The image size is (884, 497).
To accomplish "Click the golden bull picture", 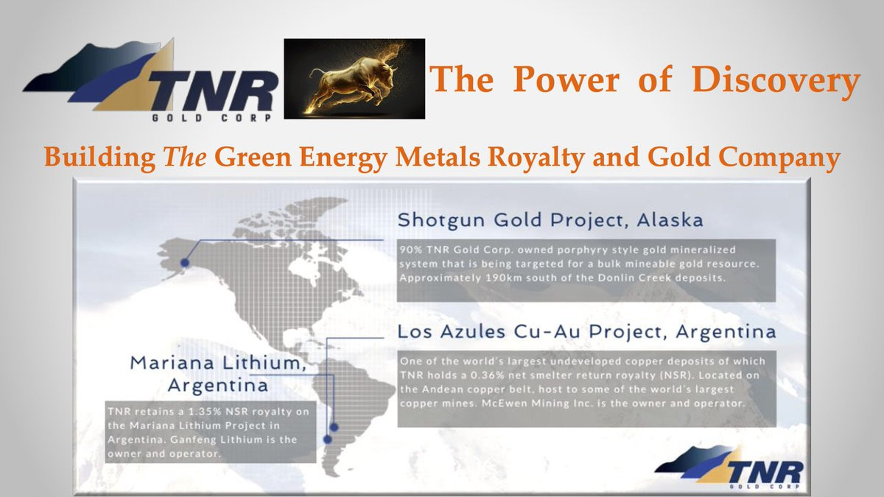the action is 354,79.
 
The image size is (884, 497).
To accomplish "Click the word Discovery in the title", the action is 776,80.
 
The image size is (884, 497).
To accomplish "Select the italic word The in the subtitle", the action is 185,157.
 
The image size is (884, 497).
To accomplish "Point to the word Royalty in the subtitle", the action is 536,158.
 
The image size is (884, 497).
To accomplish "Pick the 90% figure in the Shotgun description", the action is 410,250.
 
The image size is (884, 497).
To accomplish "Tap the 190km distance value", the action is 504,278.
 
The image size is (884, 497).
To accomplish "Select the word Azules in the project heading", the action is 473,332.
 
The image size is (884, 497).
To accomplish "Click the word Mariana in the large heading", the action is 173,363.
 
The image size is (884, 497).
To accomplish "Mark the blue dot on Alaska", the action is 185,262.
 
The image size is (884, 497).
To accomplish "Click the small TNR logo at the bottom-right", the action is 729,468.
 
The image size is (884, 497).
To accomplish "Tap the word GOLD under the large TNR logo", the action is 178,118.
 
